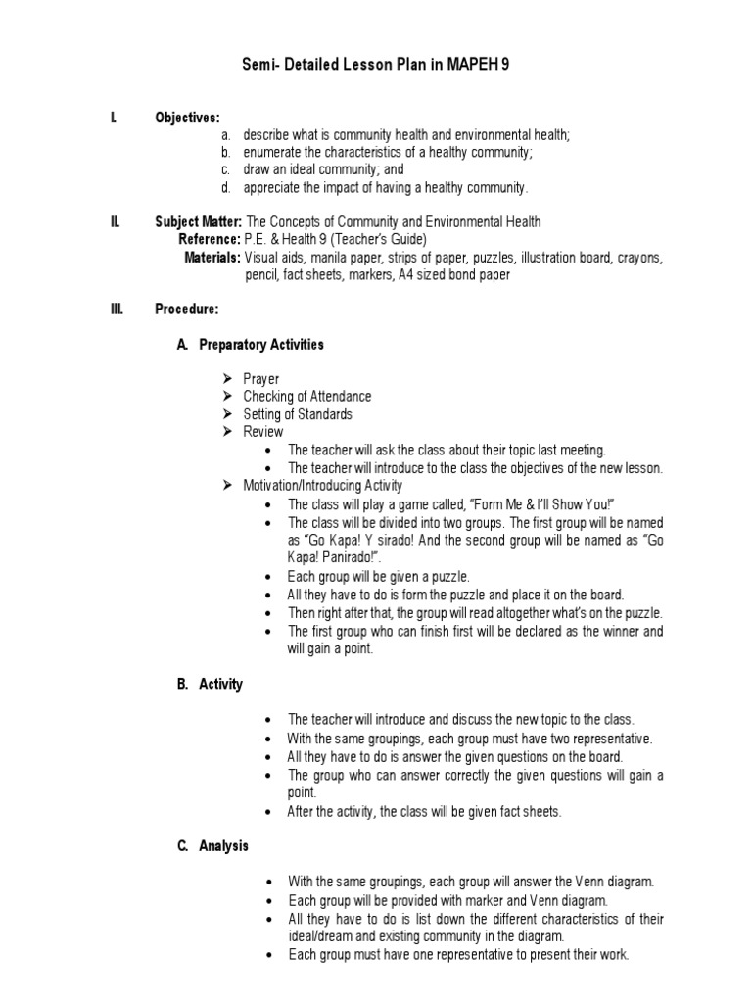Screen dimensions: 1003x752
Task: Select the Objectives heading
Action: (187, 118)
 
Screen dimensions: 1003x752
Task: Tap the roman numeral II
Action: (115, 222)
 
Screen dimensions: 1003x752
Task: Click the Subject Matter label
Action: (198, 222)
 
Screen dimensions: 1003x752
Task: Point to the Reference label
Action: (209, 240)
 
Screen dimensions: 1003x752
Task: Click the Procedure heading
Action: (187, 310)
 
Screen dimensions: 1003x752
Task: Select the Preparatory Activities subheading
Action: (260, 345)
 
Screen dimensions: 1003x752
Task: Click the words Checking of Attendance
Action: (306, 397)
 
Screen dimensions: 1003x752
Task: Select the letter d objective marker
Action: (225, 187)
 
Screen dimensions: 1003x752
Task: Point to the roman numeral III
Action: (116, 310)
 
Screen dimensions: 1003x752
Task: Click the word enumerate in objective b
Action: (273, 152)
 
